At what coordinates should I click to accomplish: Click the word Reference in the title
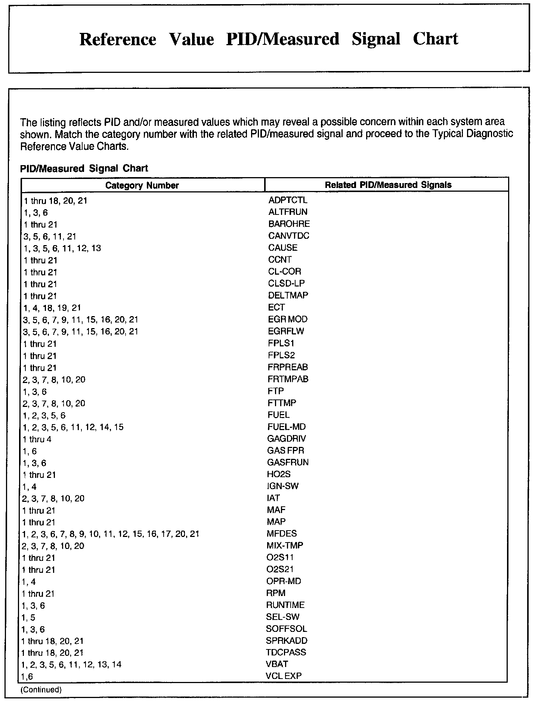pos(118,39)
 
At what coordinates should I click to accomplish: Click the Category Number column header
pos(142,185)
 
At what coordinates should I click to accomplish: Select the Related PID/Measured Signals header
pos(388,185)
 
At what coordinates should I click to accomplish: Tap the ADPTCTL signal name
pos(288,200)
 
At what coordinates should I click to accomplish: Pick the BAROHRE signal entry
pos(289,224)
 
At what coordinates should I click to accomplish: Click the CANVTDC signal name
pos(288,236)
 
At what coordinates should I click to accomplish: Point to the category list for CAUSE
pos(62,248)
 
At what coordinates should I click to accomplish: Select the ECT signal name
pos(276,308)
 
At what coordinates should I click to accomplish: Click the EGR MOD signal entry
pos(288,319)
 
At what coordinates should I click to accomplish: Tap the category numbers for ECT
pos(52,308)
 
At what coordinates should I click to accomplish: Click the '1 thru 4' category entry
pos(37,439)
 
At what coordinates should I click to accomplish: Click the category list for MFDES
pos(111,534)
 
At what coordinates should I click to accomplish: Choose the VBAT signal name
pos(277,664)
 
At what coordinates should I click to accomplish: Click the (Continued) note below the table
pos(41,690)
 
